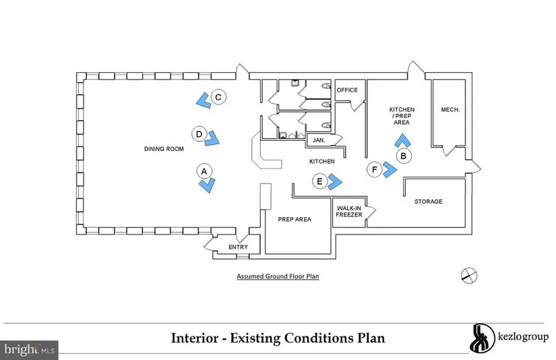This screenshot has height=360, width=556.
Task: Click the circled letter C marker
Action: point(218,97)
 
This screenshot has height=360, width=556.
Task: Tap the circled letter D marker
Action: point(199,134)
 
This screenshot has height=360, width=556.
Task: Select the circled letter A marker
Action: point(204,172)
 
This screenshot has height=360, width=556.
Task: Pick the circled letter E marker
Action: point(320,181)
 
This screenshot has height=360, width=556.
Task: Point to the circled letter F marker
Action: point(375,170)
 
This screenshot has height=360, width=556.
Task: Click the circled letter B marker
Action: point(404,156)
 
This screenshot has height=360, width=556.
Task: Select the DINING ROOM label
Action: point(164,149)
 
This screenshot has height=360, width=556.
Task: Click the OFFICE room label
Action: point(347,90)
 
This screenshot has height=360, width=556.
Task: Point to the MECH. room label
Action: point(450,110)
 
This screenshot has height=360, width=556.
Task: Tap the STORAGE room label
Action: point(429,202)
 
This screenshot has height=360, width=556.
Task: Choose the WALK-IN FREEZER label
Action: point(349,212)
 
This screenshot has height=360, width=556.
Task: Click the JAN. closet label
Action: point(319,140)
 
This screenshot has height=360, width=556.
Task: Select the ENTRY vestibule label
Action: point(239,247)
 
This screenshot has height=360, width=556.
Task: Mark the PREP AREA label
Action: point(295,220)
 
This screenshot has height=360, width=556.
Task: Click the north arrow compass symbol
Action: point(469,276)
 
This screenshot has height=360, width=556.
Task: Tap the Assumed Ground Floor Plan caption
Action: point(278,276)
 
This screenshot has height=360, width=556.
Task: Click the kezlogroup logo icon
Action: point(482,338)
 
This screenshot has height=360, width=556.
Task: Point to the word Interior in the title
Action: point(195,338)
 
